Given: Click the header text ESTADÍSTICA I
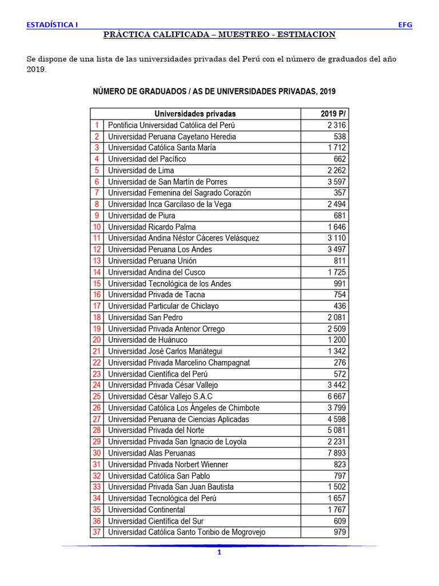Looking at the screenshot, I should tap(53, 25).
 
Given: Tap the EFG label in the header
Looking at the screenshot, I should tap(405, 25).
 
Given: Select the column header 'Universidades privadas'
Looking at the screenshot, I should tap(195, 114).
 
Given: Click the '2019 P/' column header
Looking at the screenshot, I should tap(332, 114).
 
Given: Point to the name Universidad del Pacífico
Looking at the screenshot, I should tap(147, 159).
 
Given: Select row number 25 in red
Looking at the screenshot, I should tap(97, 397).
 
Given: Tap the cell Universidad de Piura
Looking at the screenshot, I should tap(141, 216).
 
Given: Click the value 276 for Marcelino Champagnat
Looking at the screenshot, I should tap(340, 363).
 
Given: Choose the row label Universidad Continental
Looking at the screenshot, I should tap(146, 510).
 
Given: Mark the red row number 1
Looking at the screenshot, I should tap(97, 125).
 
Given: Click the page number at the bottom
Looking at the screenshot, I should tap(218, 553).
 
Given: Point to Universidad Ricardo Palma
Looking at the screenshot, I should tap(151, 227).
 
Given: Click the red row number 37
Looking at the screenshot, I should tap(97, 532).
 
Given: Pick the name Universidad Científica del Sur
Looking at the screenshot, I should tap(155, 521).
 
